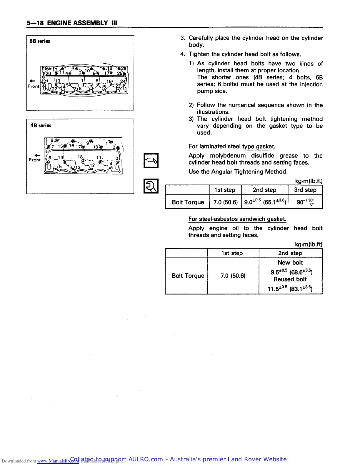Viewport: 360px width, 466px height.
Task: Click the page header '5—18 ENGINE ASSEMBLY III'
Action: [x=72, y=23]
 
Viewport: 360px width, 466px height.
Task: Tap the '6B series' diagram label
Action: [x=40, y=41]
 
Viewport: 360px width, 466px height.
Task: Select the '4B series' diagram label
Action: [x=41, y=125]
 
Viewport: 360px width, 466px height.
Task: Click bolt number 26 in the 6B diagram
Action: [x=124, y=69]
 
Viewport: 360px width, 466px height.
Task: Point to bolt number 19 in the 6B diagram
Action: [x=45, y=69]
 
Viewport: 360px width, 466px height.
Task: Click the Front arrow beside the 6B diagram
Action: [x=33, y=81]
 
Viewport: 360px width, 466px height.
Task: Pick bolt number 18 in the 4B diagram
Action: [x=80, y=157]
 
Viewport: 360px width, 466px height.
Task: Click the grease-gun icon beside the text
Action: [x=151, y=161]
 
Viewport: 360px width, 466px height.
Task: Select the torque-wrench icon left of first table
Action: [x=151, y=186]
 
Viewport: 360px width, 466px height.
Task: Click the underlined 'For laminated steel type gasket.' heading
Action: [x=232, y=147]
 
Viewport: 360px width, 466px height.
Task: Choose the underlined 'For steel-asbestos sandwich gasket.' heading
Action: [x=237, y=219]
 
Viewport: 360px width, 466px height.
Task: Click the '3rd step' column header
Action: [x=305, y=190]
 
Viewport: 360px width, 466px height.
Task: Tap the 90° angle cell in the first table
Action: [x=305, y=202]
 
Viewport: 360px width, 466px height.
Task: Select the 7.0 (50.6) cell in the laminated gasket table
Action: [x=225, y=202]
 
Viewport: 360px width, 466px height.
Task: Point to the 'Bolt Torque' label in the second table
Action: [x=188, y=276]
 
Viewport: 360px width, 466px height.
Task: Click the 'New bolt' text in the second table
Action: [x=290, y=262]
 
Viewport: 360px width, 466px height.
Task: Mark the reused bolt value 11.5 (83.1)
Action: [x=290, y=289]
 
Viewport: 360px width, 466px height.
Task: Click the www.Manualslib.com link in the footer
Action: [x=58, y=461]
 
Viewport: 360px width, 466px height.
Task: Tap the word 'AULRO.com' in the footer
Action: [x=146, y=459]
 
